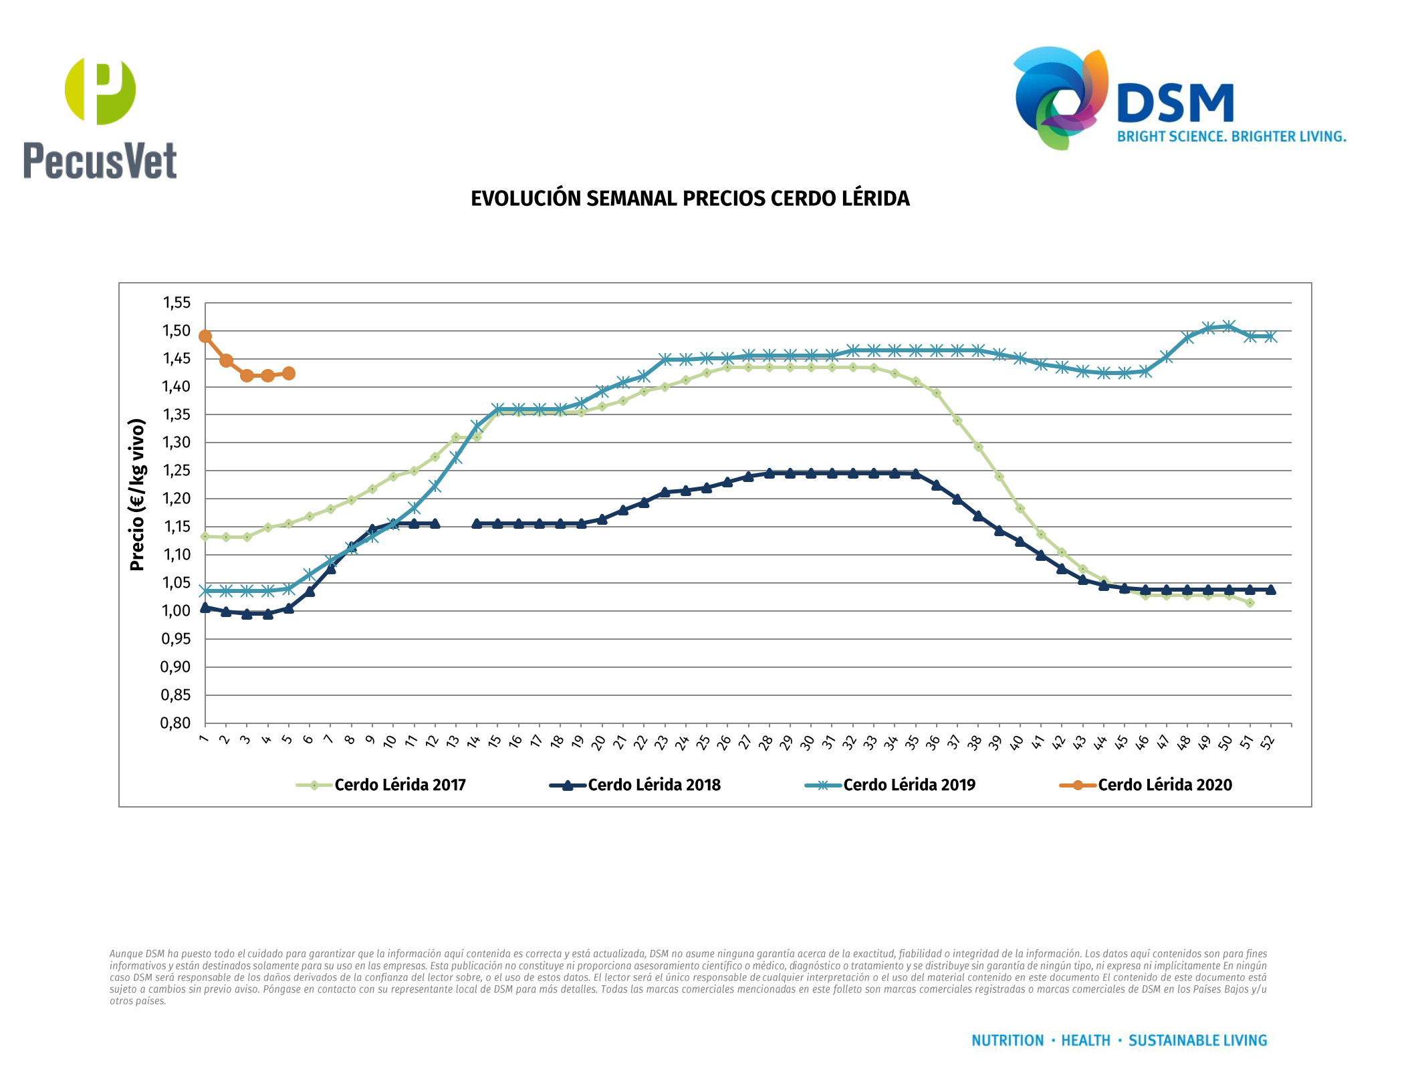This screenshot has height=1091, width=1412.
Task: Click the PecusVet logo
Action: pos(100,119)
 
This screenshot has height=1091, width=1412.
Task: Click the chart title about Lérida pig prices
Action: pos(690,199)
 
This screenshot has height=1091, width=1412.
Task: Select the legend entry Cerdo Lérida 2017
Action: pos(399,785)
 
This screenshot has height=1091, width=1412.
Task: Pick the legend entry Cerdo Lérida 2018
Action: pos(653,785)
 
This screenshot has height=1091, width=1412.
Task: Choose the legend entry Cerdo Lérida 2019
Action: pos(909,785)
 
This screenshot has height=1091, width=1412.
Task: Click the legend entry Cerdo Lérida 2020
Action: pos(1164,785)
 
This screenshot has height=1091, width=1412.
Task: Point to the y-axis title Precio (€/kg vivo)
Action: pos(137,495)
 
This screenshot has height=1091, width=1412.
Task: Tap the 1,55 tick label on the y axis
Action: pos(176,303)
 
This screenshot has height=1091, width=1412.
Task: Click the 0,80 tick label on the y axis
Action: pos(176,723)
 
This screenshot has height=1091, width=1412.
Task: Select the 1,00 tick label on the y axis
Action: pos(176,610)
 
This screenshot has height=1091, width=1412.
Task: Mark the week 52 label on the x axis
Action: pos(1268,741)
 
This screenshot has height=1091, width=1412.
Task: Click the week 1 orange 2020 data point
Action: pos(205,336)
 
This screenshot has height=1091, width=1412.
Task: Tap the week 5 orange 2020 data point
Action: pos(289,373)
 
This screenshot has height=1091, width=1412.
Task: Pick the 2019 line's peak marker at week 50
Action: pos(1229,326)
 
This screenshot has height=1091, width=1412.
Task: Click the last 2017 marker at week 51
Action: pos(1250,603)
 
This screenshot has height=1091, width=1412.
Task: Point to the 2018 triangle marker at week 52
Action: pos(1270,590)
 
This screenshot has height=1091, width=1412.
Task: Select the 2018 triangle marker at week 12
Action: pos(435,523)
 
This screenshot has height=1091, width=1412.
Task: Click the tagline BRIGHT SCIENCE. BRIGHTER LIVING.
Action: pos(1231,136)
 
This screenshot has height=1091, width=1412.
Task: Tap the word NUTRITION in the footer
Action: pos(1007,1040)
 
